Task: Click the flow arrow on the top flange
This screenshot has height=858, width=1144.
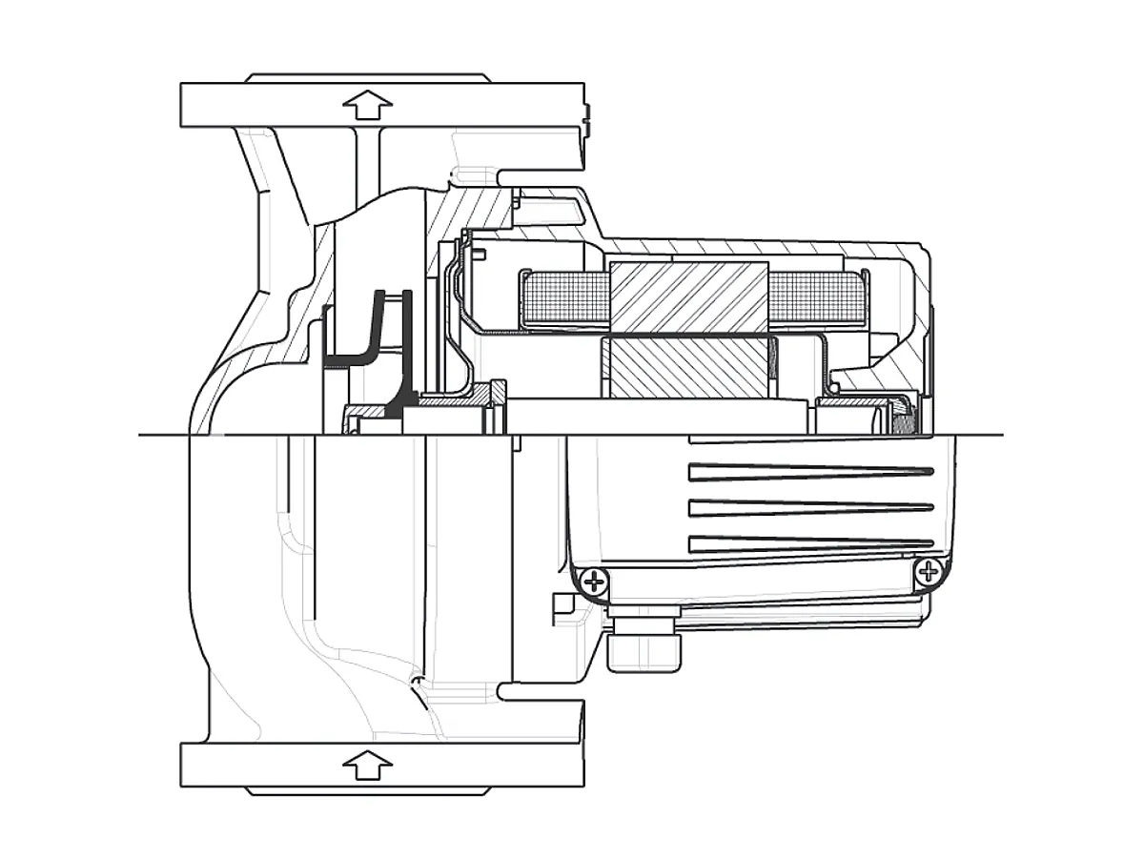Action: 368,104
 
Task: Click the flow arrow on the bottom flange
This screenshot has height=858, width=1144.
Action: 368,764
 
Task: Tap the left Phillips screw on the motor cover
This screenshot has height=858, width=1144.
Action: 594,581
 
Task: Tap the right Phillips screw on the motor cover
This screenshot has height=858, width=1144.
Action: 928,572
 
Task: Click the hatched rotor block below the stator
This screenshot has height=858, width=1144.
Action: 686,370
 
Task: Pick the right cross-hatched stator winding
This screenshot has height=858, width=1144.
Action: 815,297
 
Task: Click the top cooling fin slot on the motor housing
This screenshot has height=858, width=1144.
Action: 810,471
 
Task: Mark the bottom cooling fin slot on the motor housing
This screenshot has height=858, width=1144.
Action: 810,543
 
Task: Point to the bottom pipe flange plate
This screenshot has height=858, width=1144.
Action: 381,765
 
